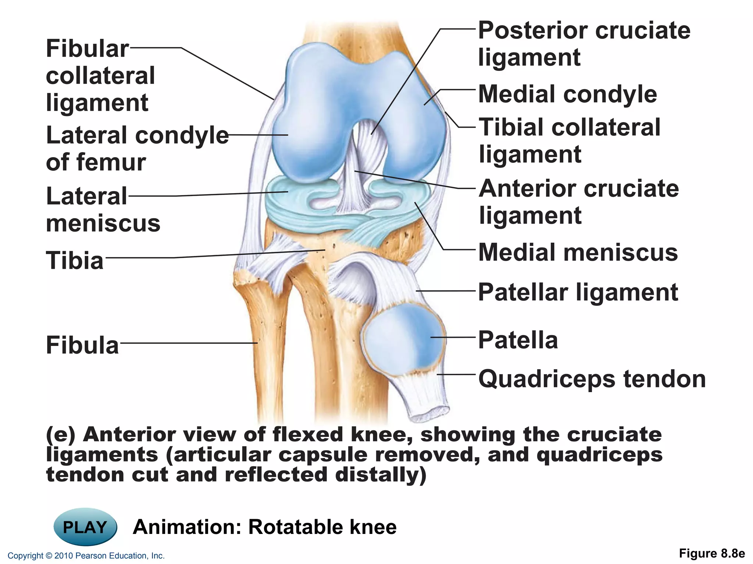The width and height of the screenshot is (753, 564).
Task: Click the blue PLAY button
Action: tap(85, 527)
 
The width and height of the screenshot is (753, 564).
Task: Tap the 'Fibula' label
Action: tap(82, 345)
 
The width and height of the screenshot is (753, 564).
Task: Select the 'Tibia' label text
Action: tap(75, 260)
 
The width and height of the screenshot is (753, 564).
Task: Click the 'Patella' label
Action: tap(518, 340)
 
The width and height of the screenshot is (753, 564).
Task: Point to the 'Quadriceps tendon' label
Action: tap(592, 379)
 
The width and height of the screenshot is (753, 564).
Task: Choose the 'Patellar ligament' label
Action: tap(578, 292)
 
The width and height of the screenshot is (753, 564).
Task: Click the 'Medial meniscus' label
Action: tap(578, 253)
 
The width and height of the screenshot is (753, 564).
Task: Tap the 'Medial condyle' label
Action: tap(567, 94)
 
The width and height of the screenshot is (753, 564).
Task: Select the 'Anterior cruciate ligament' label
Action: tap(579, 202)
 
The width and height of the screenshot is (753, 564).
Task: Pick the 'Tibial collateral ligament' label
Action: tap(570, 141)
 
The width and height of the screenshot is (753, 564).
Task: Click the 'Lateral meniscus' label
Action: tap(103, 210)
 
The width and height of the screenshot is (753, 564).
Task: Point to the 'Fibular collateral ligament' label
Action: tap(100, 75)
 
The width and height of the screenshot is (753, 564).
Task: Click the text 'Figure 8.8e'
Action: tap(711, 553)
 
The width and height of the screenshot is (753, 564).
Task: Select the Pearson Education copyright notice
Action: tap(86, 556)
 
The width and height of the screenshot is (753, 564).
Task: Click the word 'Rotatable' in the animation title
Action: tap(296, 527)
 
